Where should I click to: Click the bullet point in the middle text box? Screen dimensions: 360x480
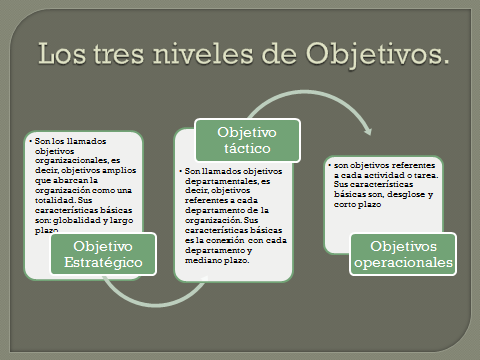click(x=182, y=170)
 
